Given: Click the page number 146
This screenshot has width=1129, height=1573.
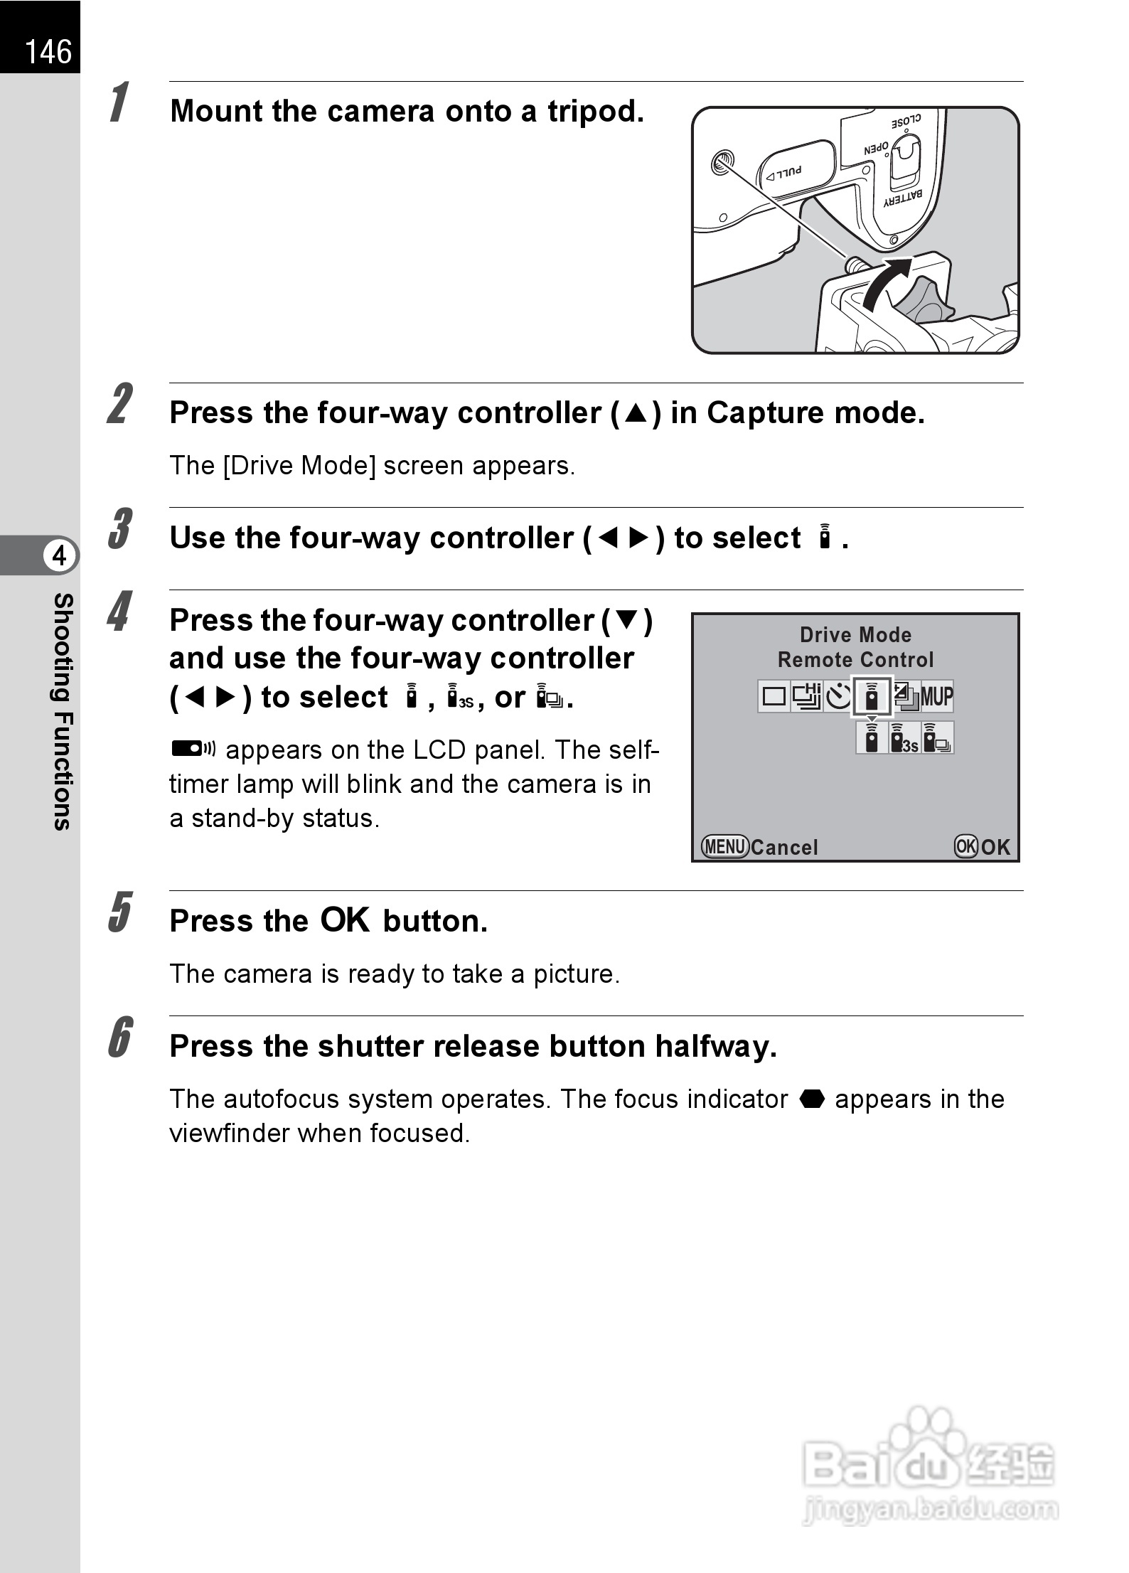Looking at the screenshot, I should point(48,52).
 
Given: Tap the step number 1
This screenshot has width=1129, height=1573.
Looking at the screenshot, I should point(119,102).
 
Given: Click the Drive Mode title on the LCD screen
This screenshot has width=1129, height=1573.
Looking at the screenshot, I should point(855,634).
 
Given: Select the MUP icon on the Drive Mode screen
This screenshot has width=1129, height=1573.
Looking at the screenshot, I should point(937,696).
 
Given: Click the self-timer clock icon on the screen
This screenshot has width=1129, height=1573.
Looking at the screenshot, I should point(840,696).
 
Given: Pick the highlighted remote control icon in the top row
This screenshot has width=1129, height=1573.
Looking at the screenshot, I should point(872,697).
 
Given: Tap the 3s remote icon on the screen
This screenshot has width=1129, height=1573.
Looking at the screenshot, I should point(905,738).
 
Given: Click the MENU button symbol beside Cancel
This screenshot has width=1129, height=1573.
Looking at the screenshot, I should point(724,846).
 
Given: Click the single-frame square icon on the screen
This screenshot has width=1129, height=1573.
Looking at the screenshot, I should point(774,696).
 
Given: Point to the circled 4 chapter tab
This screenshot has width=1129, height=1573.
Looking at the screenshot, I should point(60,555).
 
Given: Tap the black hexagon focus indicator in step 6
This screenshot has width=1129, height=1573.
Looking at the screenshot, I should point(811,1099).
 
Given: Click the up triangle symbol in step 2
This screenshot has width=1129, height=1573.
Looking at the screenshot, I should point(636,414).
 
